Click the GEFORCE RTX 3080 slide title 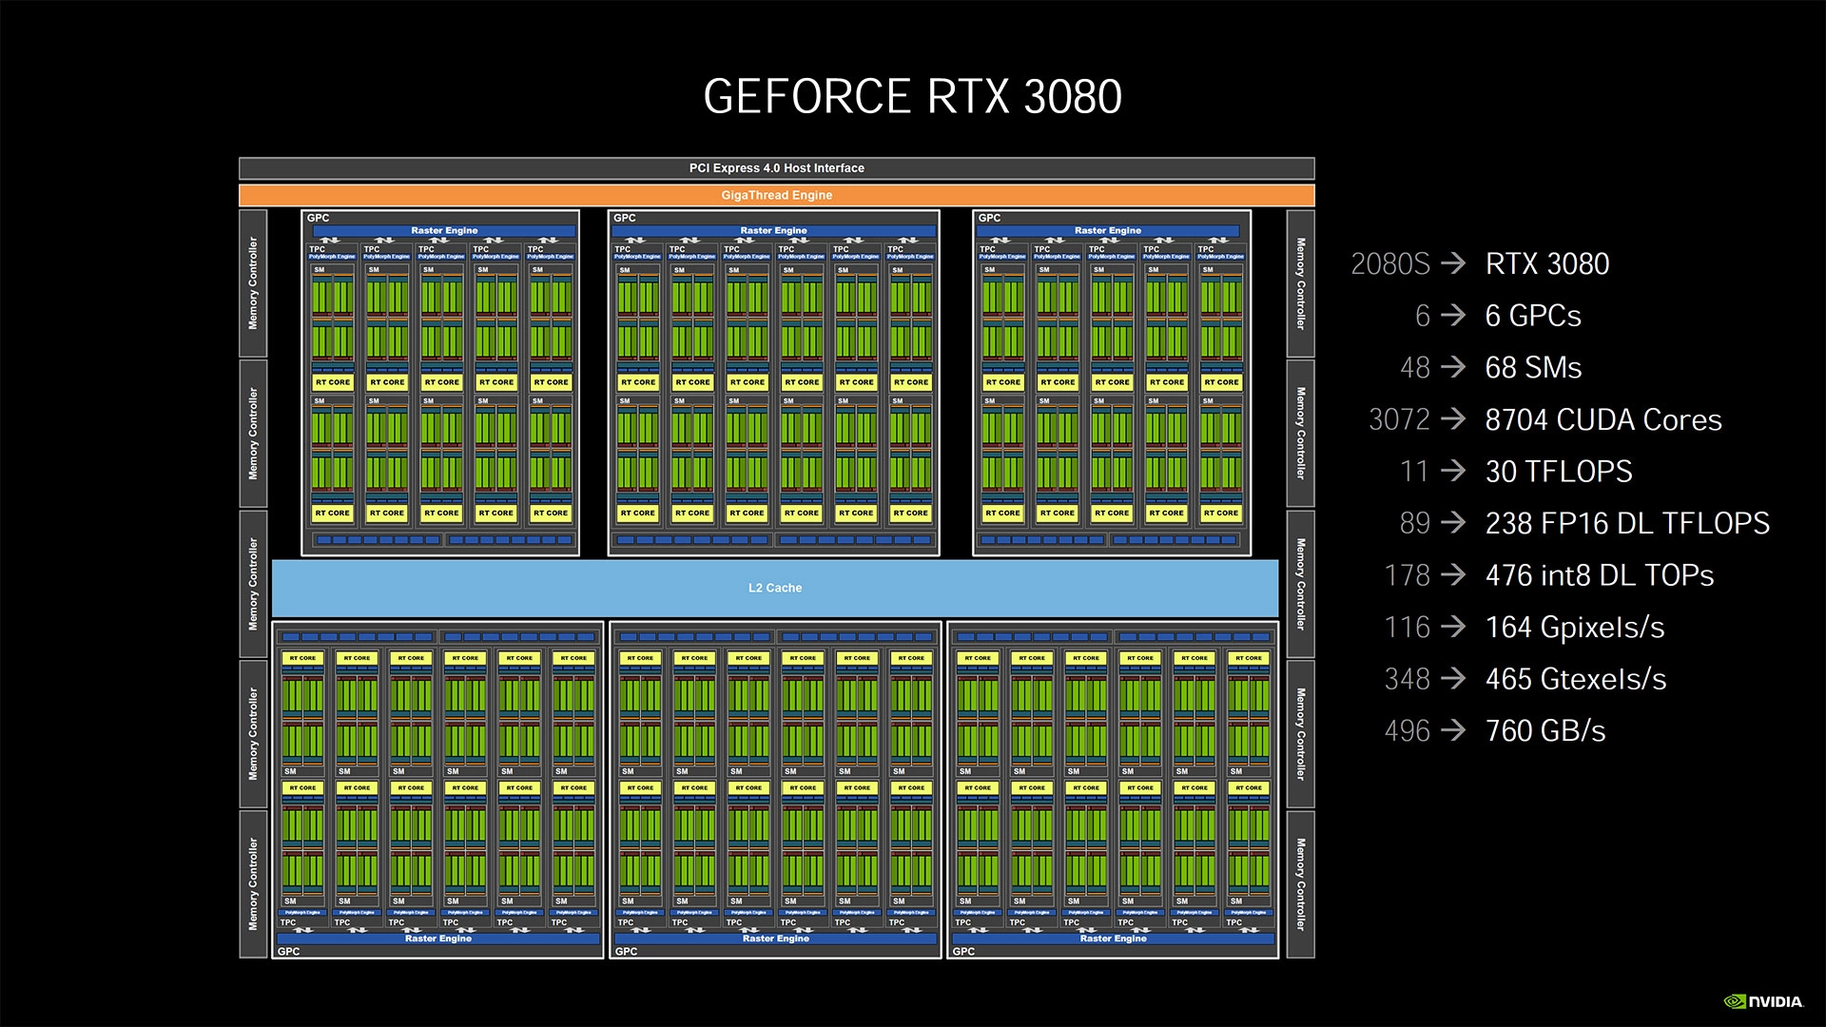(x=912, y=97)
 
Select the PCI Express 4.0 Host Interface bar (x=776, y=168)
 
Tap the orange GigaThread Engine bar (x=776, y=195)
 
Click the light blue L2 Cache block (x=775, y=588)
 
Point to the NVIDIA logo (x=1763, y=1000)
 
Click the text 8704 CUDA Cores (x=1603, y=419)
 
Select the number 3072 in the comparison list (x=1399, y=419)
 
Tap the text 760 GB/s (x=1545, y=730)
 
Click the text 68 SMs (x=1533, y=367)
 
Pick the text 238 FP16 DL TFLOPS (x=1627, y=523)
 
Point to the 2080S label (x=1389, y=263)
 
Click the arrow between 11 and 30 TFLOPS (x=1453, y=471)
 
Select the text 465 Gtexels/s (x=1576, y=679)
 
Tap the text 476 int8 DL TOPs (x=1600, y=575)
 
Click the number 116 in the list (x=1407, y=627)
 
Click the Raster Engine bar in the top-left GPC (x=444, y=230)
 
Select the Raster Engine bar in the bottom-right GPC (x=1113, y=939)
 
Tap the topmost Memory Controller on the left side (x=253, y=283)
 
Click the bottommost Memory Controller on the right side (x=1300, y=883)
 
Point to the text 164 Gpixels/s (x=1575, y=627)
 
